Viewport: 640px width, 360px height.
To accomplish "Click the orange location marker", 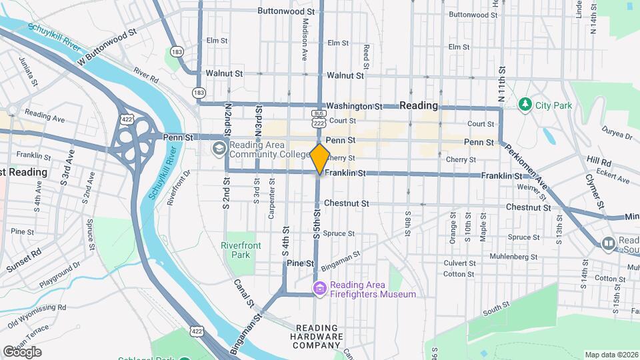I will coord(320,159).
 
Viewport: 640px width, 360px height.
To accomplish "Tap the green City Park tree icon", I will coord(525,105).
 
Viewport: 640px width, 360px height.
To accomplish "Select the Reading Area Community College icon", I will coord(219,148).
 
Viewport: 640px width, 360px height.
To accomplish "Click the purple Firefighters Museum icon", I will coord(320,289).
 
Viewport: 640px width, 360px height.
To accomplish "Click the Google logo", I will coord(22,352).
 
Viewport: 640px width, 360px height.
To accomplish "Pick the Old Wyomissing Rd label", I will coord(34,317).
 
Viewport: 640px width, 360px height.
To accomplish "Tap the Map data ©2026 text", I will coord(611,355).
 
